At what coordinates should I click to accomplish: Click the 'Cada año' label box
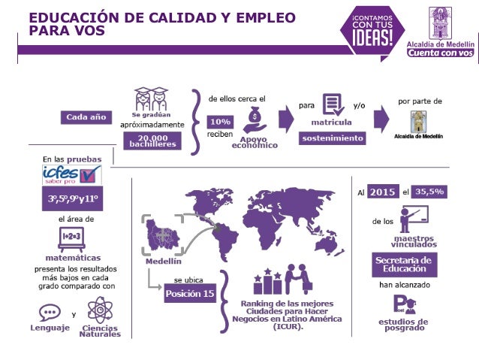[86, 118]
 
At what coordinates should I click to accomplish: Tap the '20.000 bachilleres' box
[152, 141]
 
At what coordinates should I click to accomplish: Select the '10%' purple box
[221, 122]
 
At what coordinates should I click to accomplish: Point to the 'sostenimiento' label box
[333, 138]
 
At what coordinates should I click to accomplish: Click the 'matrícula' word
[332, 121]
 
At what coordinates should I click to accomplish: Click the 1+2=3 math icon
[73, 237]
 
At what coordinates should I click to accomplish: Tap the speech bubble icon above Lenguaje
[50, 313]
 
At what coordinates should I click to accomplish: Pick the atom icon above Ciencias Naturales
[100, 310]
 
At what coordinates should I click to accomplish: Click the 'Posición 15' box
[190, 294]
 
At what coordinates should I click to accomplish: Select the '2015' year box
[383, 192]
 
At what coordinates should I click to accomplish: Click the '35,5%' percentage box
[430, 192]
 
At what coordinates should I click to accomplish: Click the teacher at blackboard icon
[412, 219]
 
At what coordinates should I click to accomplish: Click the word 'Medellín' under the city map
[163, 261]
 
